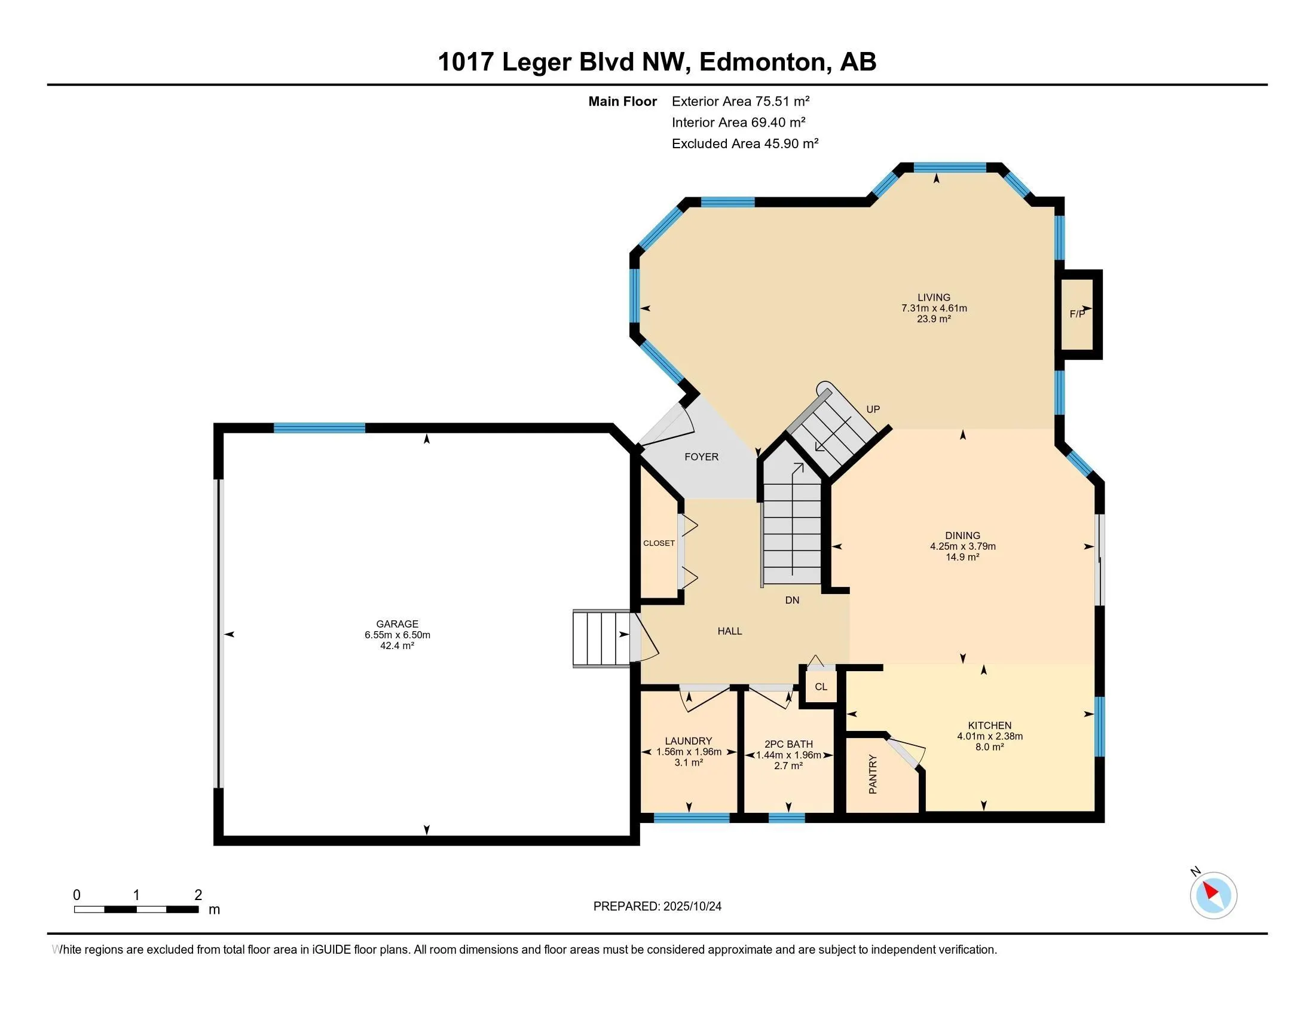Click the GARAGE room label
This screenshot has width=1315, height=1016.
(x=397, y=624)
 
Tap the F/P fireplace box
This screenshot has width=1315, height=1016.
(x=1077, y=314)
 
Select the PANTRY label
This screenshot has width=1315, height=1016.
(x=873, y=775)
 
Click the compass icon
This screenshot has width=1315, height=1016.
(x=1213, y=896)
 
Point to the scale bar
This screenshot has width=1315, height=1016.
(x=136, y=910)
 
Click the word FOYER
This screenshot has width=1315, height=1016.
(x=701, y=457)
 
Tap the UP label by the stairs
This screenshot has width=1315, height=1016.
(x=873, y=409)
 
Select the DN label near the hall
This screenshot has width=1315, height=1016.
(x=792, y=600)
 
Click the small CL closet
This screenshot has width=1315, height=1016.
(x=821, y=687)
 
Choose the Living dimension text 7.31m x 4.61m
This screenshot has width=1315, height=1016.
(x=933, y=308)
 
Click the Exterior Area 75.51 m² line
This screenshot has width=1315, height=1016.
(x=740, y=101)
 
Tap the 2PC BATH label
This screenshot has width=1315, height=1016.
(x=788, y=744)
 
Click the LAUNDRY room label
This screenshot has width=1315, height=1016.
(x=688, y=741)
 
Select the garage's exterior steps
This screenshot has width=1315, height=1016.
(x=601, y=639)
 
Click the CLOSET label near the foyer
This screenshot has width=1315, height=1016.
(x=659, y=543)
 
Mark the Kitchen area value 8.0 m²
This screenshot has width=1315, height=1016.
(x=989, y=747)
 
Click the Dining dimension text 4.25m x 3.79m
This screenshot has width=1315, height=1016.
(x=962, y=546)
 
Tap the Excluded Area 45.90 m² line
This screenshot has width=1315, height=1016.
(x=745, y=143)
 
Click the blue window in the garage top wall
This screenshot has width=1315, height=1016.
(x=319, y=428)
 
